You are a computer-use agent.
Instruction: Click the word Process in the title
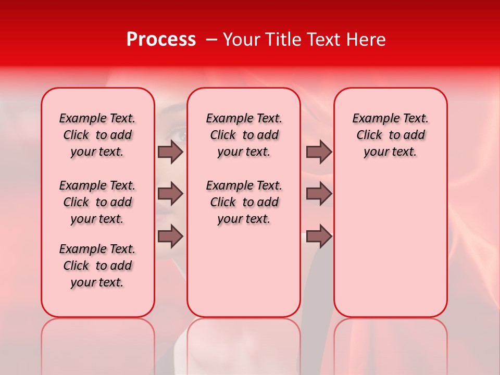tap(161, 40)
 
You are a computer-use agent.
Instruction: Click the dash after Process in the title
tap(211, 40)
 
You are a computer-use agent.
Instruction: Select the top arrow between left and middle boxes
tap(170, 152)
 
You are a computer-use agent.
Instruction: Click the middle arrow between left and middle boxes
tap(170, 194)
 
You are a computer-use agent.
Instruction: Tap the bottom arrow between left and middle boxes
tap(170, 236)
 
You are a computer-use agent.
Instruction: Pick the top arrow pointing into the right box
tap(319, 152)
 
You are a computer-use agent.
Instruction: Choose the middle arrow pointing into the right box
tap(319, 194)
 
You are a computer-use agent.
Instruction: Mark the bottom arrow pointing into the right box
tap(319, 236)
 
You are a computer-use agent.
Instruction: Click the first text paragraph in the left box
tap(97, 135)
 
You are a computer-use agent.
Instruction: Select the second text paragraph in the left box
tap(97, 202)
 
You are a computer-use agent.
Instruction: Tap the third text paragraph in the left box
tap(97, 266)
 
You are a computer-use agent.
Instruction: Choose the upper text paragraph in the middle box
tap(244, 135)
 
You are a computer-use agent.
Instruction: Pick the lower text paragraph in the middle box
tap(244, 202)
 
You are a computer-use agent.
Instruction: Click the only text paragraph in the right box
tap(390, 135)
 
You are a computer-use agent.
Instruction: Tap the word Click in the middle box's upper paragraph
tap(223, 135)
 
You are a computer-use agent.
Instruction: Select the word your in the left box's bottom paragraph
tap(82, 283)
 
